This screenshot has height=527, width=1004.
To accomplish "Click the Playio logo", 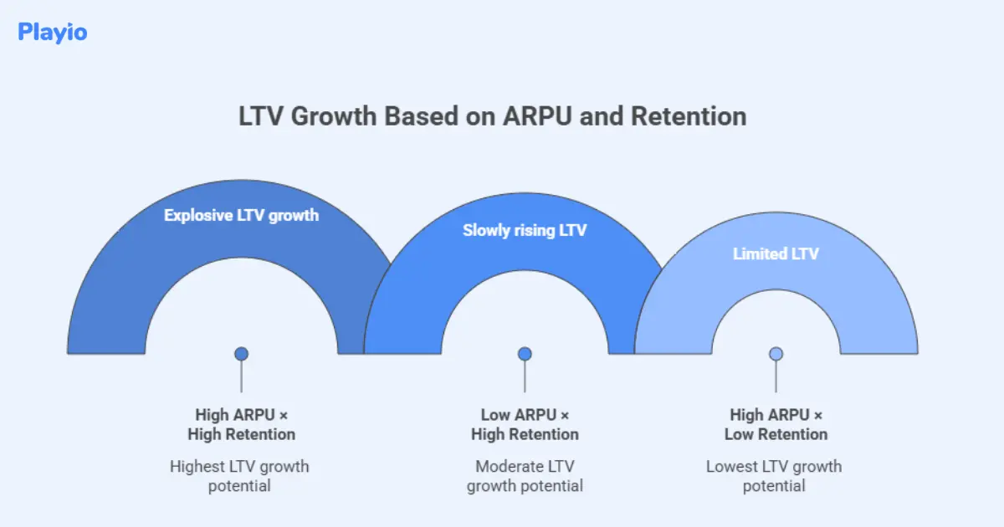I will pyautogui.click(x=52, y=33).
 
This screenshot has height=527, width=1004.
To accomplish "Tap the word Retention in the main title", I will pyautogui.click(x=689, y=117).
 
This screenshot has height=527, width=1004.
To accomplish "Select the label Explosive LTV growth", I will pyautogui.click(x=241, y=215).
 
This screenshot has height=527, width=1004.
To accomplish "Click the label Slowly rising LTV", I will pyautogui.click(x=525, y=230).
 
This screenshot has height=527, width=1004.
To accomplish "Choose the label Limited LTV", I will pyautogui.click(x=776, y=253).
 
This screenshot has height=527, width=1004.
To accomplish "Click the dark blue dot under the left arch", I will pyautogui.click(x=241, y=354).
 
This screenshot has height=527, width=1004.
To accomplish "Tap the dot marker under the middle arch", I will pyautogui.click(x=525, y=354).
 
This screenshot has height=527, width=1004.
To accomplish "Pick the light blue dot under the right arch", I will pyautogui.click(x=776, y=354).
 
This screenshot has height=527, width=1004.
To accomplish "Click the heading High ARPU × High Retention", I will pyautogui.click(x=241, y=424).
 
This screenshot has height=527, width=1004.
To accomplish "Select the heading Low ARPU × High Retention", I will pyautogui.click(x=525, y=424).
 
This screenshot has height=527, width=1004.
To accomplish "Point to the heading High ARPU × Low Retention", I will pyautogui.click(x=776, y=424).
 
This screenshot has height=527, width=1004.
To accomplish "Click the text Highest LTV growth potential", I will pyautogui.click(x=239, y=476).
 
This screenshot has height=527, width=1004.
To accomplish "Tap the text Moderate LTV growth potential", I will pyautogui.click(x=525, y=476).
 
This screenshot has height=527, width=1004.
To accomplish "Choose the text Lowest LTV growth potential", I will pyautogui.click(x=774, y=476).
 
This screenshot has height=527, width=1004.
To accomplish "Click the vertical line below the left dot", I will pyautogui.click(x=241, y=377).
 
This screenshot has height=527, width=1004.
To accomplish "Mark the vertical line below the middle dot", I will pyautogui.click(x=525, y=377).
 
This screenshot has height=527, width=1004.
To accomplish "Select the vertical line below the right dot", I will pyautogui.click(x=776, y=377).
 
